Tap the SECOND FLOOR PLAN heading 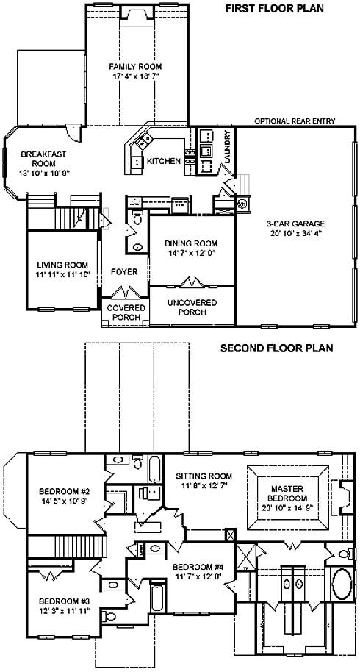tap(276, 348)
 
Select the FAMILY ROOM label tap(135, 66)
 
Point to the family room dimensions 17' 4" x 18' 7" tap(135, 76)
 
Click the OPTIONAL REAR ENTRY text tap(295, 121)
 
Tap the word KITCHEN tap(164, 161)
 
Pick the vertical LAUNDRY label tap(227, 147)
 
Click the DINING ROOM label tap(191, 243)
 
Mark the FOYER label tap(124, 272)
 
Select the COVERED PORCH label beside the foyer tap(126, 312)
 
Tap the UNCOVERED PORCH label tap(192, 307)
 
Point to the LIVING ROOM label tap(62, 265)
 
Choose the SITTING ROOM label tap(204, 476)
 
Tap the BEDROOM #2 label tap(64, 490)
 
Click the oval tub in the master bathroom tap(342, 585)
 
